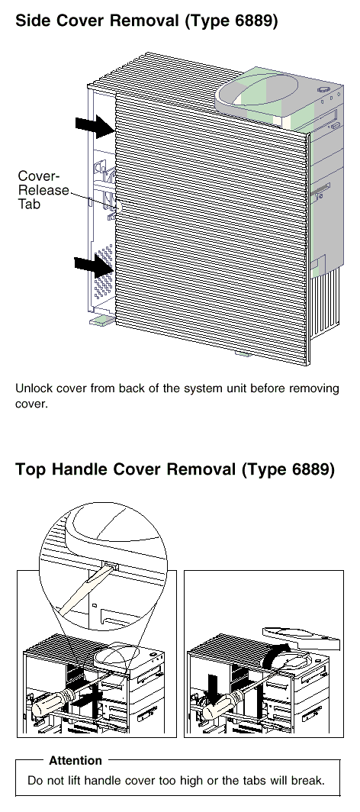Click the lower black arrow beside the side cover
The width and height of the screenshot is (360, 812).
tap(94, 265)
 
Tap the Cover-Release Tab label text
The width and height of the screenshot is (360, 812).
tap(43, 189)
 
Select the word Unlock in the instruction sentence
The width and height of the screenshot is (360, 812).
tap(33, 388)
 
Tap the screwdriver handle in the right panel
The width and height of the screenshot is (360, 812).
tap(220, 708)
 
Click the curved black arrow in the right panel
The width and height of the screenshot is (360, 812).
tap(277, 655)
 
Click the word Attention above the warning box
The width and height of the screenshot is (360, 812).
tap(76, 761)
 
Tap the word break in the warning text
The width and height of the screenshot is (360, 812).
tap(310, 781)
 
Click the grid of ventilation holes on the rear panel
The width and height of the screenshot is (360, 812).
tap(104, 267)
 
